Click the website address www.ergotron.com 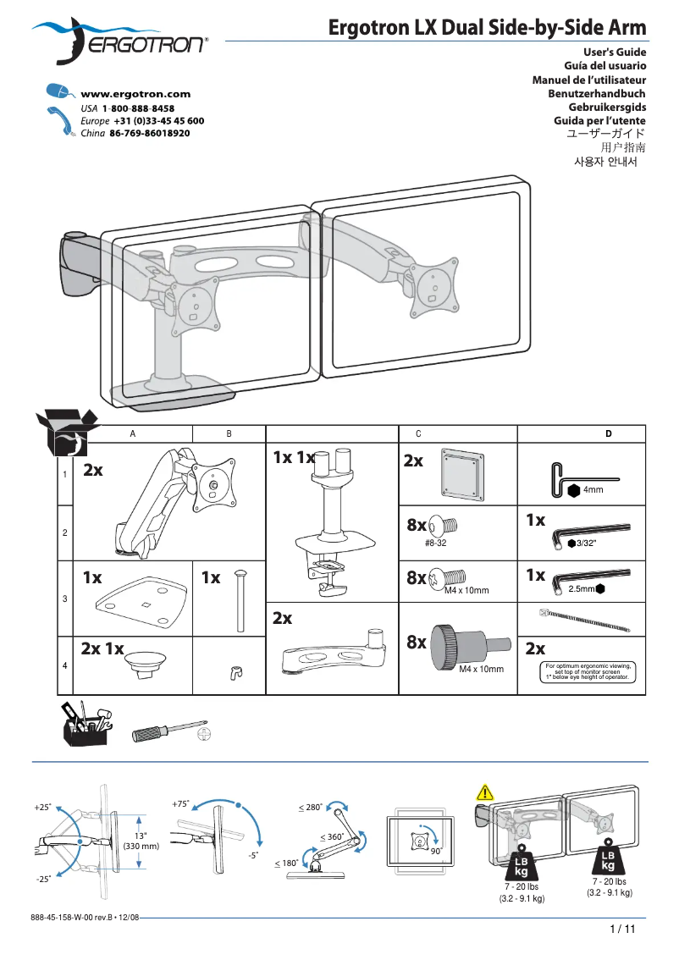(135, 94)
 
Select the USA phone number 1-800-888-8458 (138, 109)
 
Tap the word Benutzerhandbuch (597, 94)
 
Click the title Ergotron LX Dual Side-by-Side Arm (487, 28)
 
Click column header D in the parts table (608, 433)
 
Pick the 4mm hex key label (593, 489)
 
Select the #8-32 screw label (435, 543)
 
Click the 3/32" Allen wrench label (587, 543)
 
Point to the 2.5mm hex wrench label (582, 588)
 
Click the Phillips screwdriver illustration (168, 731)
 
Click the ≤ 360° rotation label (332, 836)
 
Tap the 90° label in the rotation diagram (437, 850)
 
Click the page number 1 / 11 (621, 929)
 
